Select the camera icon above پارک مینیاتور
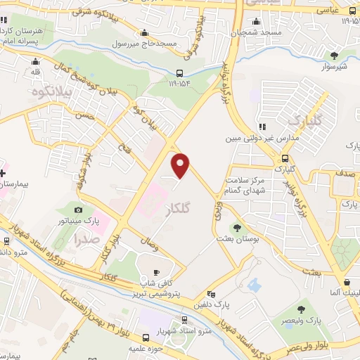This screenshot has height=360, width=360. (x=79, y=210)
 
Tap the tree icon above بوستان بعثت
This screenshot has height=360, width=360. (x=236, y=228)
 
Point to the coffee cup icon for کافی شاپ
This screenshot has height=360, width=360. (x=155, y=272)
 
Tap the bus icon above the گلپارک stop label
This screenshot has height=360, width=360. (x=285, y=158)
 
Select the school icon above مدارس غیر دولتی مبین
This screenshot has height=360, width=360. (x=262, y=127)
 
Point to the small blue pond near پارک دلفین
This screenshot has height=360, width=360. (x=254, y=285)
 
